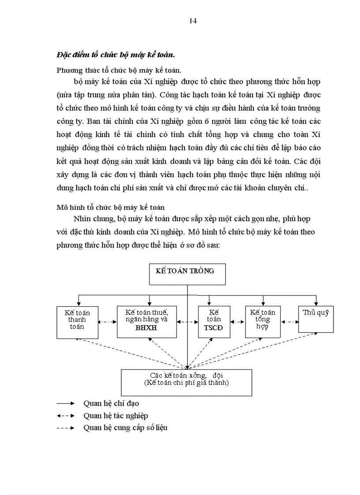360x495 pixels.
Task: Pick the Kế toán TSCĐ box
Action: pos(214,322)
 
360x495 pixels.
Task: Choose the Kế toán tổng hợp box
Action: pos(262,322)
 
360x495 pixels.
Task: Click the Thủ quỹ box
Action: pos(316,319)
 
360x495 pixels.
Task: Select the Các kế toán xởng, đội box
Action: pos(187,382)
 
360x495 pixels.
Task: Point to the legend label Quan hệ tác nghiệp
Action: pos(116,416)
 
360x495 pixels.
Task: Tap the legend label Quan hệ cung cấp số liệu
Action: pos(125,428)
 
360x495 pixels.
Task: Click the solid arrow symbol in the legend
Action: pos(65,403)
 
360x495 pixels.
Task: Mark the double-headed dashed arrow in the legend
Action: pos(65,416)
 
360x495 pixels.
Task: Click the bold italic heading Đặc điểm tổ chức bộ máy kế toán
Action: pos(116,55)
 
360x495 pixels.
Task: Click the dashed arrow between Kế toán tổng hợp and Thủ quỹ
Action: pos(289,322)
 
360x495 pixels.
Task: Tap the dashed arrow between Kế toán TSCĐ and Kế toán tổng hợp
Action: pos(238,322)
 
